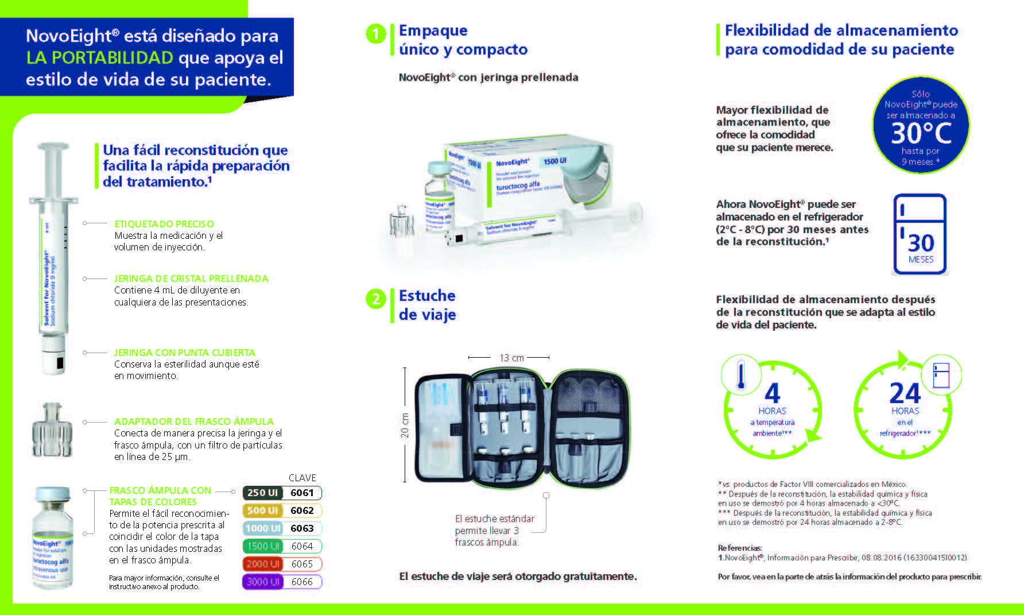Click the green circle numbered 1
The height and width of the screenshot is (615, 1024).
tap(375, 34)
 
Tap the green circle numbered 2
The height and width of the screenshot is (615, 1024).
tap(375, 299)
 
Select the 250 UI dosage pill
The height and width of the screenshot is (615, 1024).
tap(263, 493)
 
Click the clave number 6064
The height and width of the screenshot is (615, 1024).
tap(302, 546)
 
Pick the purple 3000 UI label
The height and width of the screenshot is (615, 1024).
tap(263, 582)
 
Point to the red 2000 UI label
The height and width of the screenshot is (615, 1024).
tap(263, 564)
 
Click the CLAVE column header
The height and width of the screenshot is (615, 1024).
tap(302, 478)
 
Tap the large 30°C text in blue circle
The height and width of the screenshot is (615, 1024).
tap(921, 133)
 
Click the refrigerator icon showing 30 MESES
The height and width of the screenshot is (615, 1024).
tap(920, 234)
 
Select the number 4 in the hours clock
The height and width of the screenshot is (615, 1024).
tap(773, 394)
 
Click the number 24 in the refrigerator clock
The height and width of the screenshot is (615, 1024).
tap(905, 394)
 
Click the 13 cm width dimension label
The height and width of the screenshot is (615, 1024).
tap(511, 358)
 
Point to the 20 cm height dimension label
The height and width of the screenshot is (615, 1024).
tap(405, 426)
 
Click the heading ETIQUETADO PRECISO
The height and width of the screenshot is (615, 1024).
tap(164, 224)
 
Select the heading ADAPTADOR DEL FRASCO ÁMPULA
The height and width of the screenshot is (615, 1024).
tap(193, 421)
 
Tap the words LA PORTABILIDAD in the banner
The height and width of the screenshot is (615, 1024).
tap(100, 57)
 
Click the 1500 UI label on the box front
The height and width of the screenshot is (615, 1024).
tap(554, 161)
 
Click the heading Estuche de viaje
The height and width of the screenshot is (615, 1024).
tap(427, 305)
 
